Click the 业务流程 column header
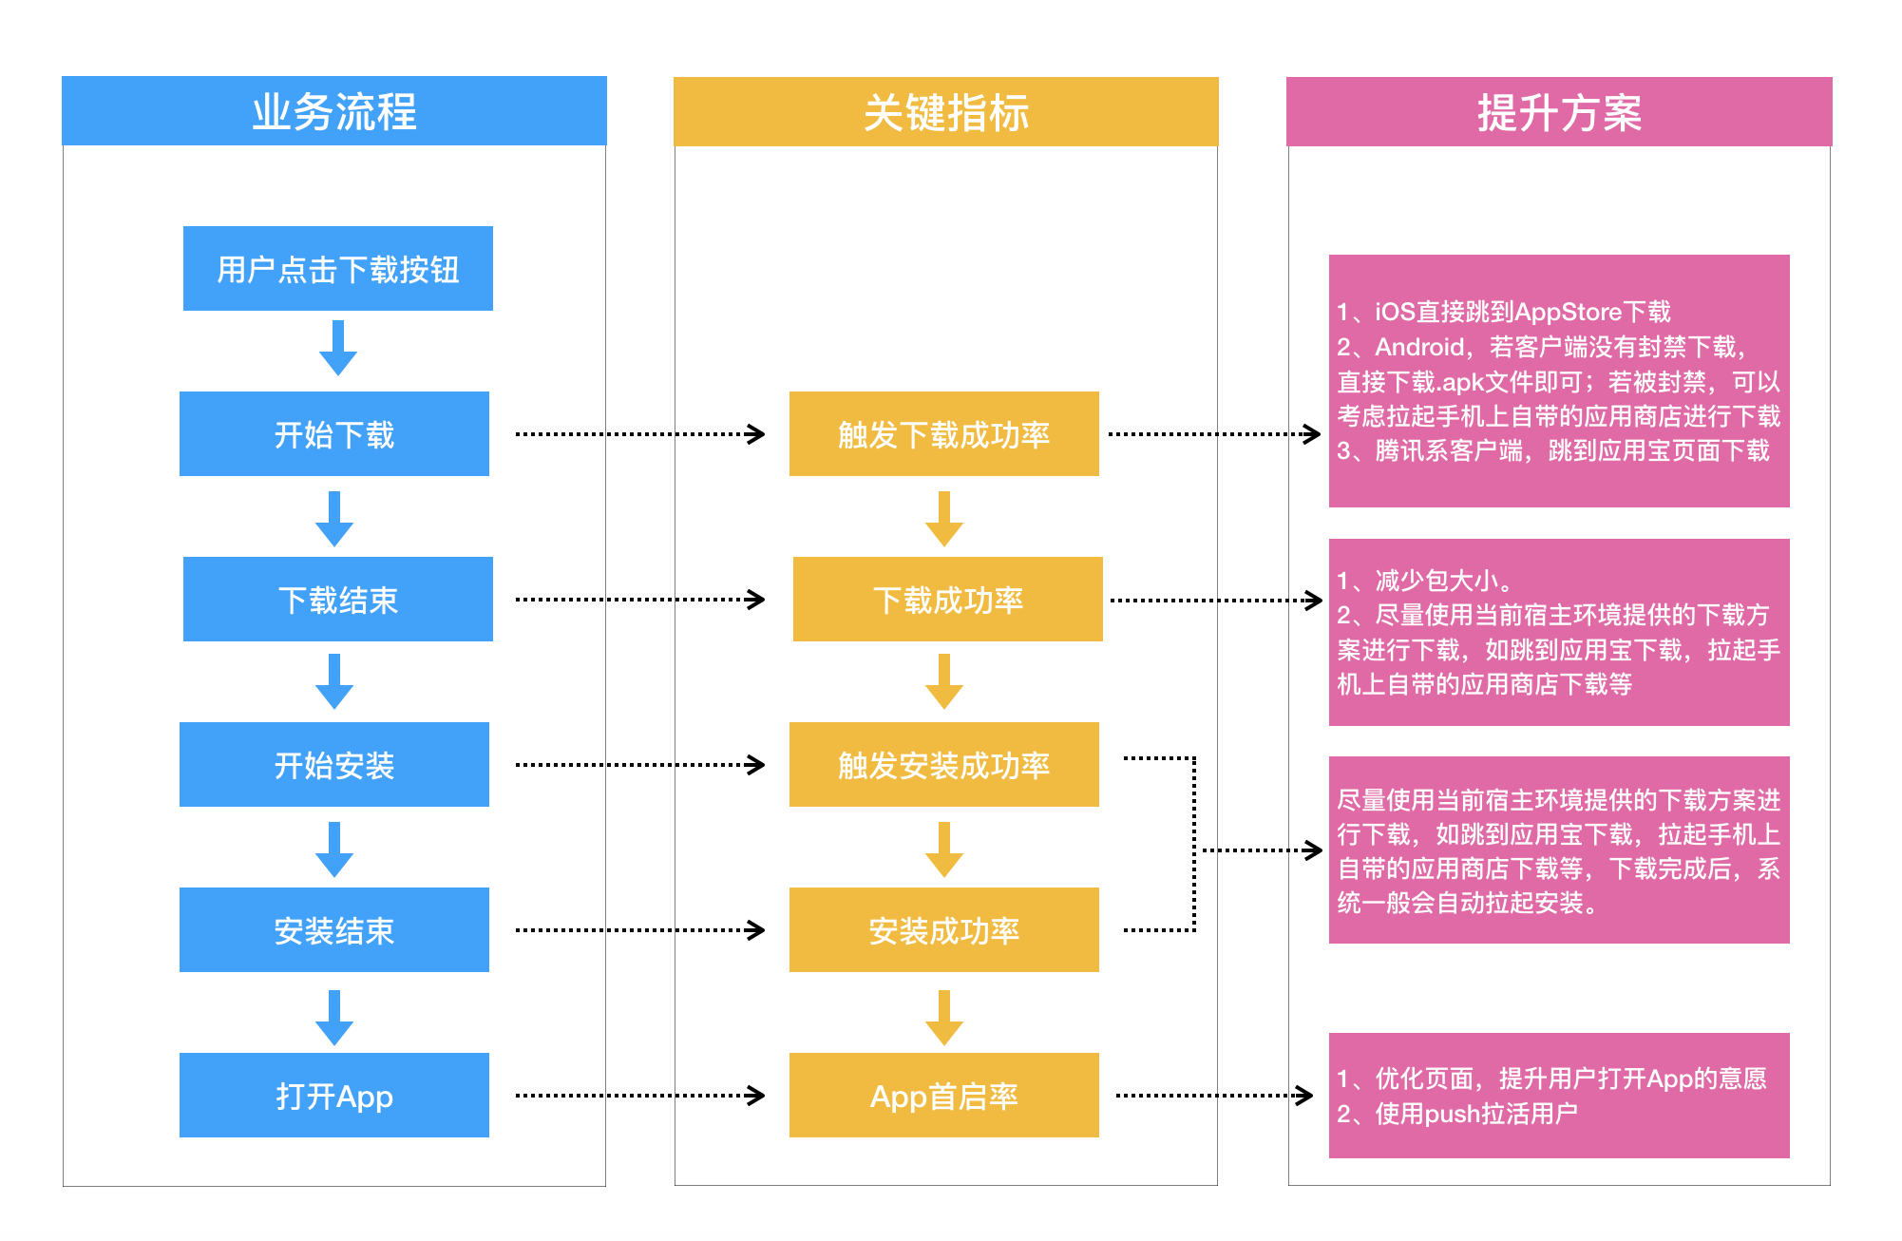333,111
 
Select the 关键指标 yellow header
945,112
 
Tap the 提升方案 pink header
1558,112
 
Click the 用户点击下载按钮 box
337,269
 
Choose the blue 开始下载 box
333,434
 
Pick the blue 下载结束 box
337,600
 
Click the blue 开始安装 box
333,765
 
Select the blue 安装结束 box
333,930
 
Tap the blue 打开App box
333,1096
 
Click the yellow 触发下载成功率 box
943,434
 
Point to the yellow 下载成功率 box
947,600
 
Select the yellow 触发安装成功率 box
943,765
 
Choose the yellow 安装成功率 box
943,930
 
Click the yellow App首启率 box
943,1096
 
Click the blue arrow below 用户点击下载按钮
337,349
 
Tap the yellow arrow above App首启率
943,1018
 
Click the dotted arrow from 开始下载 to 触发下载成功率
639,434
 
